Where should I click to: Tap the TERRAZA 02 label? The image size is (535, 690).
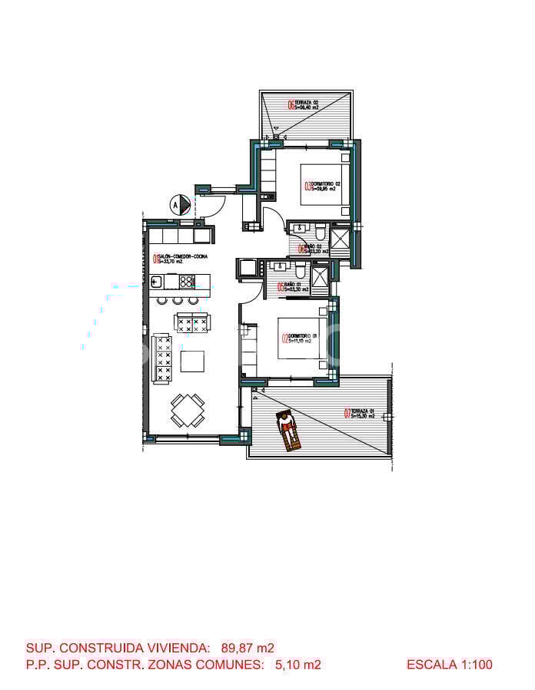(x=304, y=105)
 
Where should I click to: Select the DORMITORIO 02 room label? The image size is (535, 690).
(x=323, y=185)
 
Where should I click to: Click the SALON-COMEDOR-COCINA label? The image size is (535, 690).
(x=181, y=259)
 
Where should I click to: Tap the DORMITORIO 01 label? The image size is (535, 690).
(x=297, y=338)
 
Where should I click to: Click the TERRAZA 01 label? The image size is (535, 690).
(x=361, y=413)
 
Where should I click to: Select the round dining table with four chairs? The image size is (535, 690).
(x=188, y=410)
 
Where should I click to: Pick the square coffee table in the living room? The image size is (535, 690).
(x=193, y=361)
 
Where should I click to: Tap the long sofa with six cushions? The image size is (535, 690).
(x=161, y=358)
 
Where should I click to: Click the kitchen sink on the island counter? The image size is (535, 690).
(x=158, y=281)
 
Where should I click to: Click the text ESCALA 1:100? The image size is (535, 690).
(x=450, y=665)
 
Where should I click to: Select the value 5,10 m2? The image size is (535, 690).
(x=297, y=665)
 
